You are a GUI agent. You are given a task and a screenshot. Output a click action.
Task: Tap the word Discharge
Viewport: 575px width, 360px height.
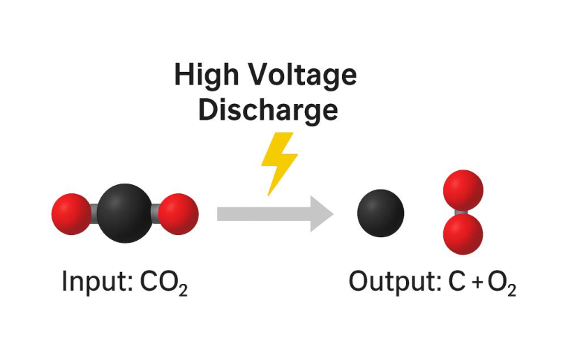pyautogui.click(x=268, y=110)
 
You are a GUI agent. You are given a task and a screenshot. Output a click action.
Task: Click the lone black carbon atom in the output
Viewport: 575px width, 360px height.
pyautogui.click(x=381, y=213)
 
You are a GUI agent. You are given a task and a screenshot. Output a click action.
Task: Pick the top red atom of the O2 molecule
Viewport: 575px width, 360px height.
pyautogui.click(x=463, y=190)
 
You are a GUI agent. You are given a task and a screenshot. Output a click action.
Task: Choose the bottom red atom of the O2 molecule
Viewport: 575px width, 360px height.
pyautogui.click(x=463, y=233)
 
